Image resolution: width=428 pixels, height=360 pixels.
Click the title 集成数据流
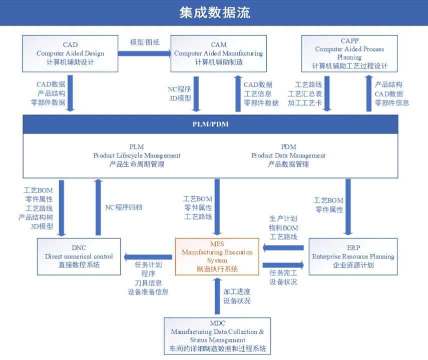pos(214,12)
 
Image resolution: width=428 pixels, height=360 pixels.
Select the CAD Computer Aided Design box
pos(71,53)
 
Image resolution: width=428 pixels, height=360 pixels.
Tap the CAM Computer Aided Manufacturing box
pos(218,53)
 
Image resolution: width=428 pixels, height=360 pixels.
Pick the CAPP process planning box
pos(349,53)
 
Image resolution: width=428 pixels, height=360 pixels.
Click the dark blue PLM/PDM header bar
pos(211,124)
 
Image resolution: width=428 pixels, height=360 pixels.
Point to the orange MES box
pos(217,256)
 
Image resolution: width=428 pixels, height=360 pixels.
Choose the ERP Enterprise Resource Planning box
pos(353,256)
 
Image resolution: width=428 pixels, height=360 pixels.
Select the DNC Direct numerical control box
pos(79,256)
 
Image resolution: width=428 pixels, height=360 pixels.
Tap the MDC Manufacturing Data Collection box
pos(217,335)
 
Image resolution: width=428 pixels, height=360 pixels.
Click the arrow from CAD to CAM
pos(145,53)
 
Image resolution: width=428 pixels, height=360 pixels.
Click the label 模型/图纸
pos(145,42)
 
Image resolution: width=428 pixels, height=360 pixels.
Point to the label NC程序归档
pos(124,206)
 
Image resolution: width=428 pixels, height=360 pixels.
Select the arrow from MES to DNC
pos(148,257)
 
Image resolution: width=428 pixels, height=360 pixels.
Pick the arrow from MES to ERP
pos(283,265)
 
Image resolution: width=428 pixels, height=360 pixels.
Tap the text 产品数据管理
pos(288,164)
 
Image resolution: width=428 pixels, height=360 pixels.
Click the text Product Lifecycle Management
pos(137,155)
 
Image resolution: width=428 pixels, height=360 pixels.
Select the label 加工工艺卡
pos(305,103)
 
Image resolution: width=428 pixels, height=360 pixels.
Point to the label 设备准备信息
pos(148,292)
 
